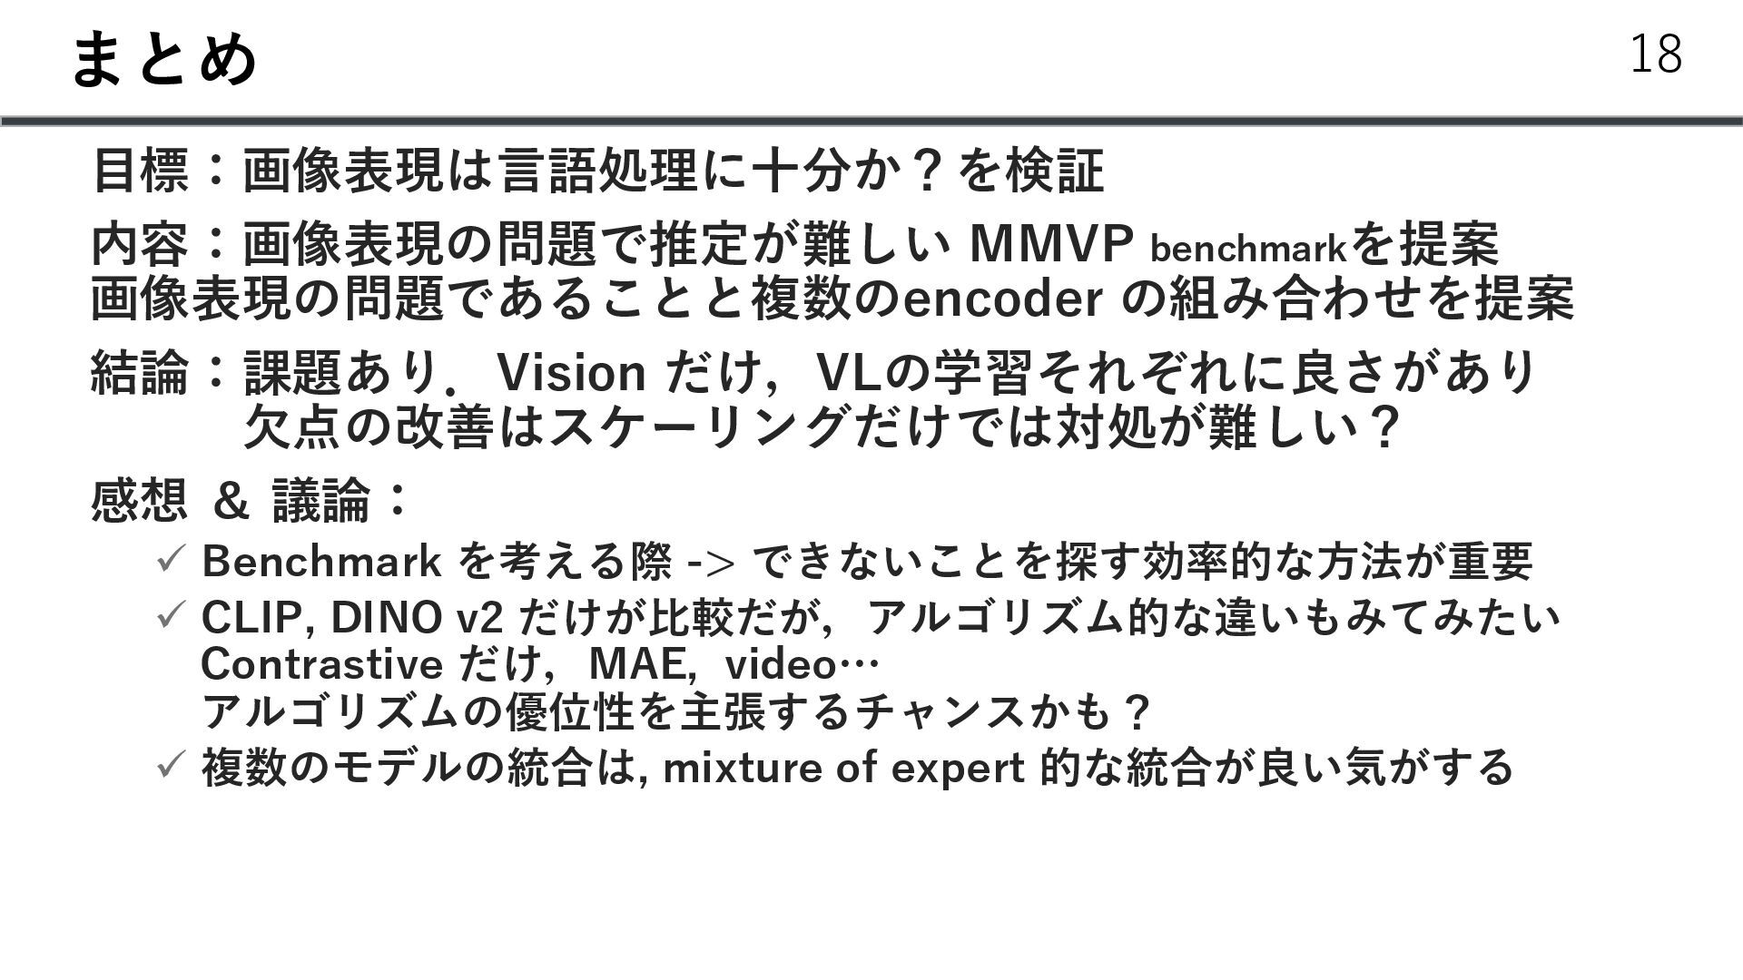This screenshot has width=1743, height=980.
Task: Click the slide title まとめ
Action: click(163, 59)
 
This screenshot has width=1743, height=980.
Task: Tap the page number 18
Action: click(1656, 54)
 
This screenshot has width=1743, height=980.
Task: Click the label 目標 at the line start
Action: click(140, 171)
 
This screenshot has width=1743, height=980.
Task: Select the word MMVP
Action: click(1052, 245)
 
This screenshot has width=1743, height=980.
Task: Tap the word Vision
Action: click(573, 372)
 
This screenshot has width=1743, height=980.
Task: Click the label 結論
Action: click(140, 372)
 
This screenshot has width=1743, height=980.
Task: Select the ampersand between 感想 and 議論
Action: click(231, 500)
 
